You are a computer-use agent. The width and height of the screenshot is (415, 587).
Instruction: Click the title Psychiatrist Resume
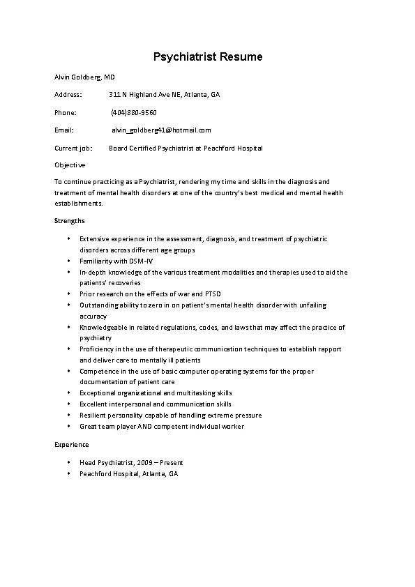click(207, 56)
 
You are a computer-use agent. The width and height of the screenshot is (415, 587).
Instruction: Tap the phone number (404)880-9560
click(134, 112)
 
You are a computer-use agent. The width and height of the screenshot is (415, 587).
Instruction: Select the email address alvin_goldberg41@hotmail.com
click(161, 130)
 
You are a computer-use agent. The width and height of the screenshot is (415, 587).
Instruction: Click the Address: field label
click(68, 93)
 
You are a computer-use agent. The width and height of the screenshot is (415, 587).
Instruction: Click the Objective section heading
click(70, 165)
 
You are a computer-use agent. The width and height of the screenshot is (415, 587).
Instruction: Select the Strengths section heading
click(70, 220)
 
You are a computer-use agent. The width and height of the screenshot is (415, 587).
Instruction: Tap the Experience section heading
click(72, 444)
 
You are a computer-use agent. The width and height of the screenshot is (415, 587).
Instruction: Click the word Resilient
click(93, 415)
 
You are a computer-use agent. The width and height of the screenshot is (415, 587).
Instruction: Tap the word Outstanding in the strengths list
click(99, 305)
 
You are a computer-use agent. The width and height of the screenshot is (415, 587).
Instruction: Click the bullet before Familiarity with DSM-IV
click(69, 261)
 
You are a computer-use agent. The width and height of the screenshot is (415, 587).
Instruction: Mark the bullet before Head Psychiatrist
click(69, 462)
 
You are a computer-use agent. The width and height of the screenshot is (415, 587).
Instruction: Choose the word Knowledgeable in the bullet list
click(103, 327)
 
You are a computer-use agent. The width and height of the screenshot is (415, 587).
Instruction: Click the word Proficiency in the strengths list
click(96, 349)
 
